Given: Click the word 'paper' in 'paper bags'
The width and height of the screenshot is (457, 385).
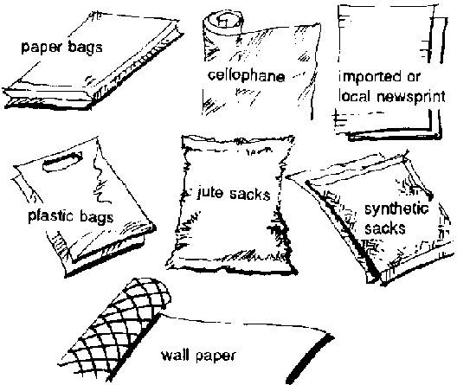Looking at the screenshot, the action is pyautogui.click(x=42, y=48).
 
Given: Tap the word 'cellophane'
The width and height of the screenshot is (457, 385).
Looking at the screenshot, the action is pyautogui.click(x=247, y=76).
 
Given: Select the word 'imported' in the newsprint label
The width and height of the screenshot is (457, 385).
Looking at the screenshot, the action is pyautogui.click(x=370, y=77).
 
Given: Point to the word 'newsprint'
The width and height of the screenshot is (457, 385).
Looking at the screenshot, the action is pyautogui.click(x=411, y=97).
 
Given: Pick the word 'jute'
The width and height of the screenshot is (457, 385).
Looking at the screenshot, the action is pyautogui.click(x=210, y=193).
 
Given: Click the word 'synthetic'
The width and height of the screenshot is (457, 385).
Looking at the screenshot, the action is pyautogui.click(x=396, y=209).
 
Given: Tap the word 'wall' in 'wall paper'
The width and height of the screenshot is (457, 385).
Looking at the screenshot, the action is pyautogui.click(x=175, y=355).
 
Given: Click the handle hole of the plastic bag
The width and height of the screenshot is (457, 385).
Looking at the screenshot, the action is pyautogui.click(x=62, y=161).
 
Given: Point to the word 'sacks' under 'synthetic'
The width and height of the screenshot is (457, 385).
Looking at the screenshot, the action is pyautogui.click(x=385, y=228).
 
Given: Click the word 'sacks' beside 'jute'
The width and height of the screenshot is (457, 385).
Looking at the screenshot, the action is pyautogui.click(x=249, y=194).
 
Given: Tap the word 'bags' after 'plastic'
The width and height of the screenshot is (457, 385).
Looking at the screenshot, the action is pyautogui.click(x=96, y=218).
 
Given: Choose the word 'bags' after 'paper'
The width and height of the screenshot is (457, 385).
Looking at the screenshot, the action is pyautogui.click(x=85, y=48).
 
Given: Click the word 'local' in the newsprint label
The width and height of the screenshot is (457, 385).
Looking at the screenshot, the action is pyautogui.click(x=356, y=96).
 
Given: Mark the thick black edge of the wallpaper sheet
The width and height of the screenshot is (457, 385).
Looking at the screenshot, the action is pyautogui.click(x=310, y=360).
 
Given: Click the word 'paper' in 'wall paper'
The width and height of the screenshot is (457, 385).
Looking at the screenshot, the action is pyautogui.click(x=216, y=356).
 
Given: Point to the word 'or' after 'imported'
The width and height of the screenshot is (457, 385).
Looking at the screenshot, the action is pyautogui.click(x=413, y=77).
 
